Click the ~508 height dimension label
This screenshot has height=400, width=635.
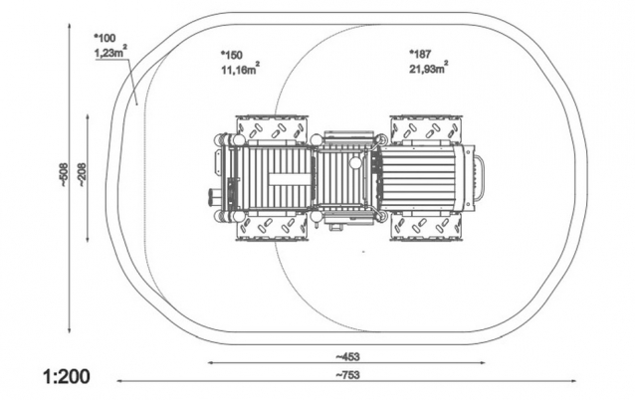click(x=64, y=175)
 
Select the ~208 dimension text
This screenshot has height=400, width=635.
click(x=82, y=175)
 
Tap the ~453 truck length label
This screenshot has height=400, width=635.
click(x=347, y=356)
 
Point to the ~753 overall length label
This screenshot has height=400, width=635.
click(x=347, y=375)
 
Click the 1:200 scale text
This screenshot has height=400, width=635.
click(x=67, y=377)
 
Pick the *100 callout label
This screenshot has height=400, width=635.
click(x=105, y=38)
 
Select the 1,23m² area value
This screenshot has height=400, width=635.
click(x=110, y=52)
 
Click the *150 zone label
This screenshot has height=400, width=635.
click(x=231, y=55)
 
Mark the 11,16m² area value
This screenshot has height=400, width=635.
click(x=240, y=69)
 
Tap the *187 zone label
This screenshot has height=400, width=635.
click(x=420, y=54)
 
